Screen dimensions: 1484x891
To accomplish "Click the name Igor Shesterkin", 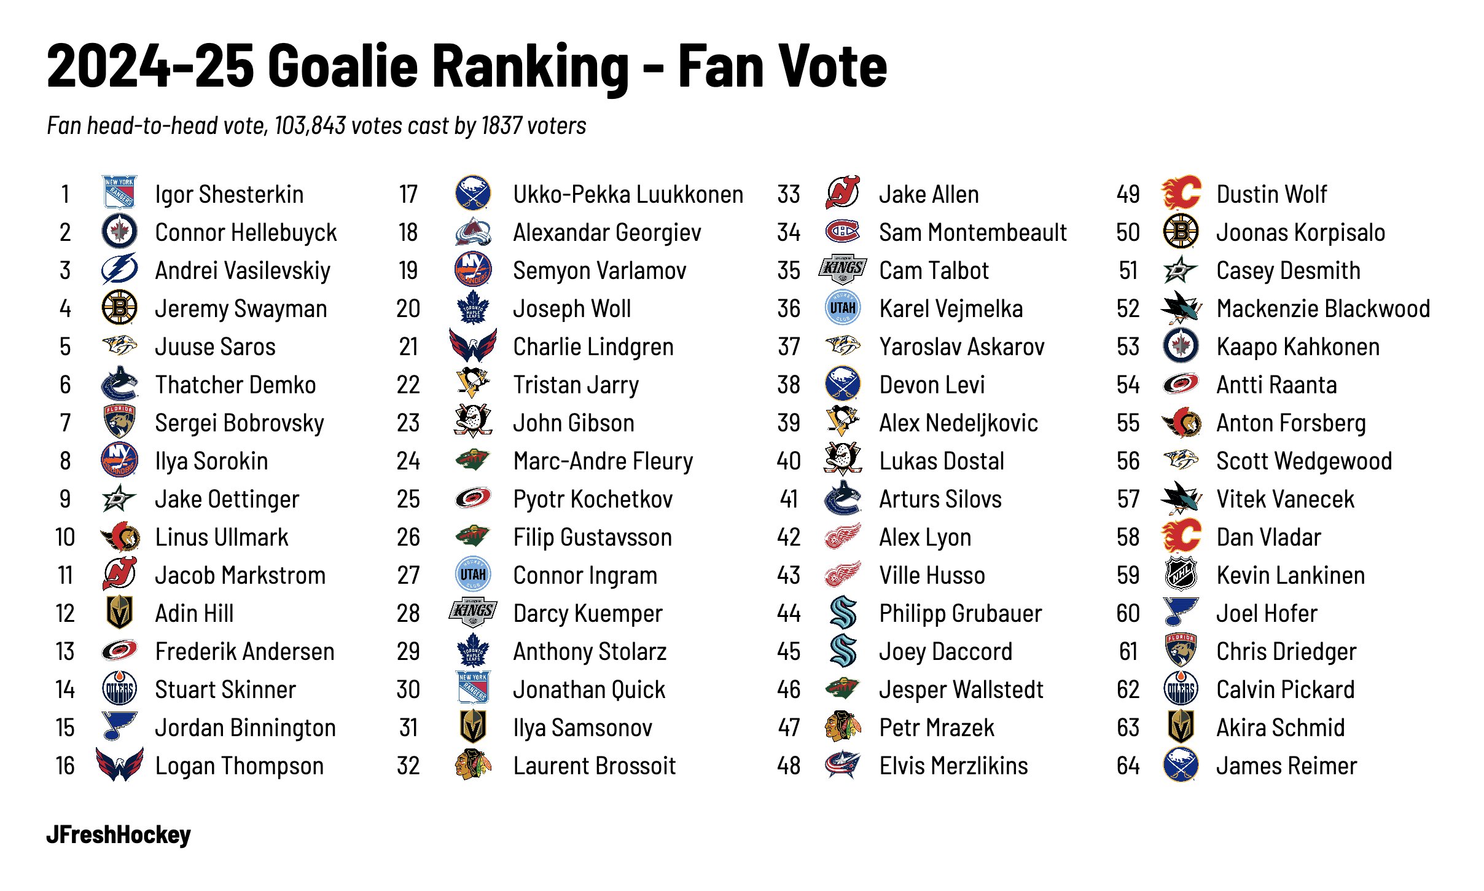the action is [229, 195].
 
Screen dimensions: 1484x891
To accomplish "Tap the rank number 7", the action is [65, 423].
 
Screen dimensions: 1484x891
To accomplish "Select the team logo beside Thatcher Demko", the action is [119, 384].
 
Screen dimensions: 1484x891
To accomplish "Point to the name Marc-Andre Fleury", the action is [603, 461].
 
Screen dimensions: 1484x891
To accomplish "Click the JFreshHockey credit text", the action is [119, 835].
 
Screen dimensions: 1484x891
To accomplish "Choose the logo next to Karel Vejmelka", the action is [843, 308].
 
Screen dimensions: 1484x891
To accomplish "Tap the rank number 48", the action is [789, 766].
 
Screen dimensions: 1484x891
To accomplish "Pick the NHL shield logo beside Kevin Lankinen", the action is [1181, 575].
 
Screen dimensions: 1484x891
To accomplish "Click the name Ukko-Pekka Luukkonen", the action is [628, 195].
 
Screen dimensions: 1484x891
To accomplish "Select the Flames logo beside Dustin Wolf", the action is [1181, 194].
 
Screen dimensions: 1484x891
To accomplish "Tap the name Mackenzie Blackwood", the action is [1323, 309].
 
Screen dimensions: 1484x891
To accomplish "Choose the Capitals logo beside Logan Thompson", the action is [120, 764].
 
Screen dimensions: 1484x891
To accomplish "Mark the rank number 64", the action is [1128, 766].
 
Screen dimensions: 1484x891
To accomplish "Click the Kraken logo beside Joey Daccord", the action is [843, 651].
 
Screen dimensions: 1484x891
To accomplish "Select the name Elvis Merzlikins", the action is [953, 766].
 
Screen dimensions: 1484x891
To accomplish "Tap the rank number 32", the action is [408, 766].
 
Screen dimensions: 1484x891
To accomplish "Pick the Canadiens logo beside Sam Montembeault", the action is [843, 232].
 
